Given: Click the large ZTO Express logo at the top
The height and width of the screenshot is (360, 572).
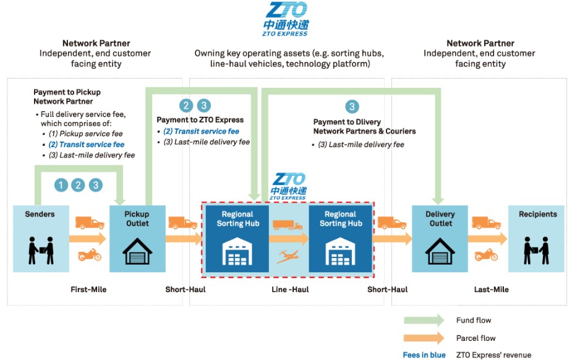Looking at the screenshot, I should pos(285,19).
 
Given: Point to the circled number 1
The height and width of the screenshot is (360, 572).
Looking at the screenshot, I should pos(61,184).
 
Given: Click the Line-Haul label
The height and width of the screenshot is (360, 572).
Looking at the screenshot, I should pos(290,289).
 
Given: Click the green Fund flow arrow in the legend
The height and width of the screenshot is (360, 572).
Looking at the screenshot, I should pos(424,320).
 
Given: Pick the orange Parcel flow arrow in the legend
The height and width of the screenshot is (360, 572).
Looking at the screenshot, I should pos(424,338).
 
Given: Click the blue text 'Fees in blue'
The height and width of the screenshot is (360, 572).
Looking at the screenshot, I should pos(424,355).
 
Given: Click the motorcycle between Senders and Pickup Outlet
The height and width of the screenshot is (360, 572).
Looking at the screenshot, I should pos(90,255).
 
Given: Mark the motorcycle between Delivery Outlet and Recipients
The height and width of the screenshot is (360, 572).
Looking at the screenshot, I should pos(486,255).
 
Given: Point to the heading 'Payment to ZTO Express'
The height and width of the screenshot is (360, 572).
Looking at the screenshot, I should pos(200,119).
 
